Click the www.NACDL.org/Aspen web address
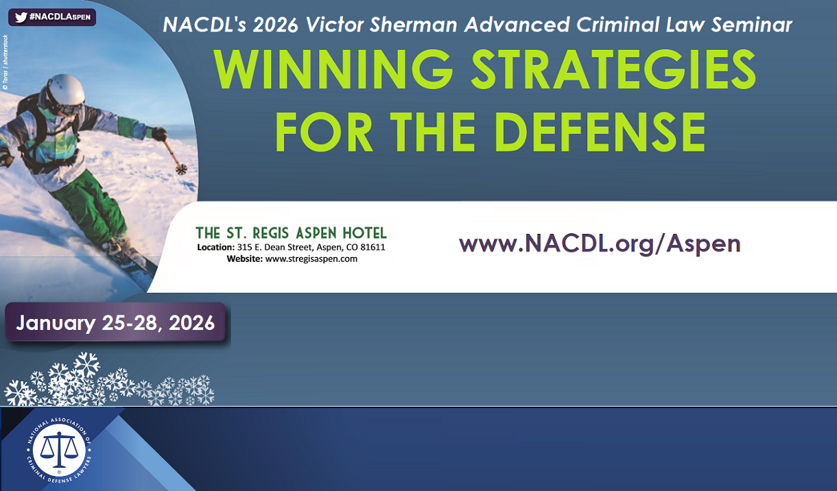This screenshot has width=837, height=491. pos(600,243)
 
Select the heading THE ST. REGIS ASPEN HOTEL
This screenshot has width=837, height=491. pos(292,232)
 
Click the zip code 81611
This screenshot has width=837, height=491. pos(372,247)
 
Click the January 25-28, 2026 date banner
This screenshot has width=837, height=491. pos(115,322)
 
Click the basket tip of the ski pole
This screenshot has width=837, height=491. pos(181,169)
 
